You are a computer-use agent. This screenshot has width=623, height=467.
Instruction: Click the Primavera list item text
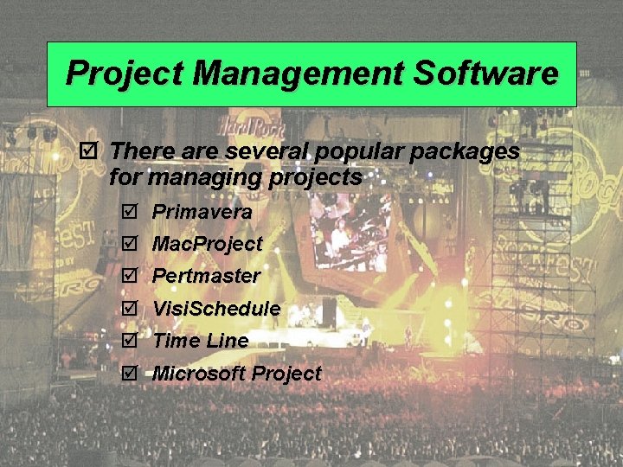click(x=202, y=212)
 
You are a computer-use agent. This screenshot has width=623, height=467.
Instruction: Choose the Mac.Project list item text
click(x=207, y=245)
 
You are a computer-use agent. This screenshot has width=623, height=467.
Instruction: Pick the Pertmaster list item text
click(x=206, y=277)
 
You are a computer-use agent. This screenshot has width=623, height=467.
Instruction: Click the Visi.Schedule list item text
click(x=216, y=309)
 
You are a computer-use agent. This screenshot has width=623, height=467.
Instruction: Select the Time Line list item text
click(x=201, y=342)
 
